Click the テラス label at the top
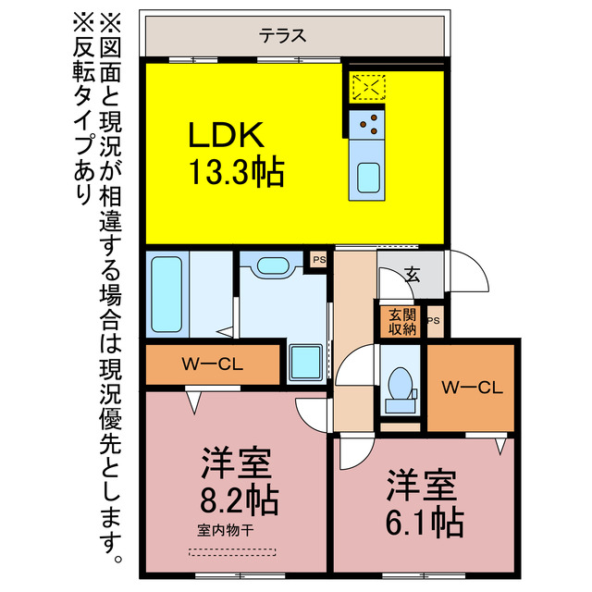(282, 37)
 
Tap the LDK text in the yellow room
(227, 137)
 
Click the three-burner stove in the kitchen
(368, 120)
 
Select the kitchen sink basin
(368, 176)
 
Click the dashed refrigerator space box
(368, 86)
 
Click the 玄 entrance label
(412, 275)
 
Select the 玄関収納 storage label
(401, 320)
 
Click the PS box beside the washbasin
(318, 260)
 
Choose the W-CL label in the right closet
(472, 387)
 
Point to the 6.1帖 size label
(425, 521)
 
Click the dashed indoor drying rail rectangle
(232, 551)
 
